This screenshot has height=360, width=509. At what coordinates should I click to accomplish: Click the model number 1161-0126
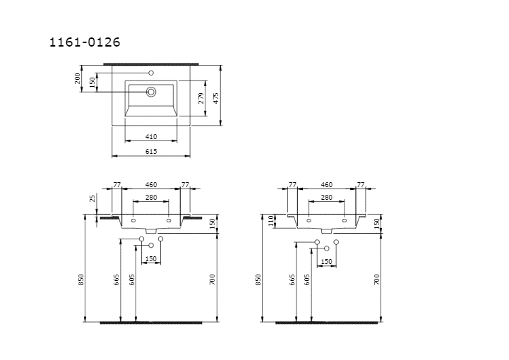85,42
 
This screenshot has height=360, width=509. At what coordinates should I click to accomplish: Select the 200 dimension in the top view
78,78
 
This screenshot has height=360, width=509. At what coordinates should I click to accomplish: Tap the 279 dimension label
201,98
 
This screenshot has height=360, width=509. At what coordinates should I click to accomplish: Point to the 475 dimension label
216,98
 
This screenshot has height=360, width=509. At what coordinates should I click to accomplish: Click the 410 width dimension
151,137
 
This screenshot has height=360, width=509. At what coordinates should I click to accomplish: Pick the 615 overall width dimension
151,151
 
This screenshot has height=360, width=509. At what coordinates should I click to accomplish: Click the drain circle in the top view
151,92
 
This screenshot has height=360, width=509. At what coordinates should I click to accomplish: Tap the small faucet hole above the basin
151,73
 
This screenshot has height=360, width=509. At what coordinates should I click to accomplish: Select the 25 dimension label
93,198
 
